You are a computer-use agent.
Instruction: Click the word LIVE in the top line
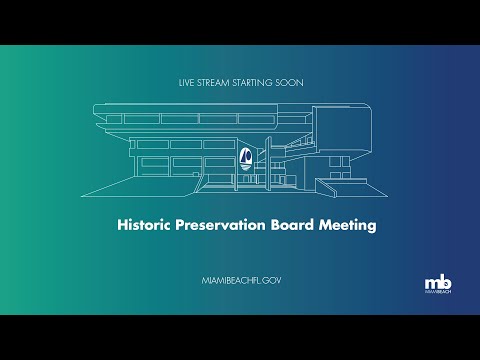(186, 83)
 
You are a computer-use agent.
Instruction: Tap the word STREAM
(213, 83)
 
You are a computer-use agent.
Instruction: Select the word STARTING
(252, 83)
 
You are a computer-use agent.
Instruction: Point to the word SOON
(289, 83)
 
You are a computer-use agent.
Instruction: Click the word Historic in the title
(144, 225)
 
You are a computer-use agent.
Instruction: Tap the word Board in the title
(292, 225)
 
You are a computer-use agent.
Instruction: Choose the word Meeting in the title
(348, 226)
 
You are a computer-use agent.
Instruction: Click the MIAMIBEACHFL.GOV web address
(241, 280)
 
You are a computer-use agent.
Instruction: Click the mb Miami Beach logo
(438, 284)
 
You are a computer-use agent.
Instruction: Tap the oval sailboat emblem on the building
(246, 158)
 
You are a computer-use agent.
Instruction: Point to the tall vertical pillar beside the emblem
(268, 163)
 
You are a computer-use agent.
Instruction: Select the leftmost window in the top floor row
(114, 119)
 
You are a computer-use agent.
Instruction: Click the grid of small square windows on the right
(340, 168)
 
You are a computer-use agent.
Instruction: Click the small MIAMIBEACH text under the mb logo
(438, 292)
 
